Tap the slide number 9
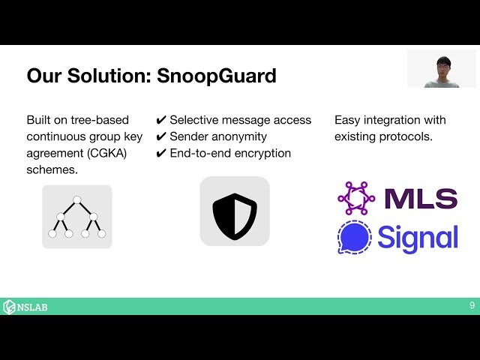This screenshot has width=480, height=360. pos(471,306)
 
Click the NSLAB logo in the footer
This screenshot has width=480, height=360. pos(25,307)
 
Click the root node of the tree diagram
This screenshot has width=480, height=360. pos(76,199)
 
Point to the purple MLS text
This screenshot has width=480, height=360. pos(420,199)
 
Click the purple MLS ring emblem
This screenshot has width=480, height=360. pos(356,199)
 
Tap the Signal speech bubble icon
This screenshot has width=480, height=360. pos(355,238)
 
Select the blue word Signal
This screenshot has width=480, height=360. pos(418,238)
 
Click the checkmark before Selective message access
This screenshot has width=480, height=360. pos(160,121)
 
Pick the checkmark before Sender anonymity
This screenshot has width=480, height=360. pos(160,137)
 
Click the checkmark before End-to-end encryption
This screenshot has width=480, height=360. pos(160,154)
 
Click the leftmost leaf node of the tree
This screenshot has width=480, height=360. pos(52,234)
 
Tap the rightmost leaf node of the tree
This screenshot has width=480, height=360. pos(102,234)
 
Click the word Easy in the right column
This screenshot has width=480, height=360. pos(347,121)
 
